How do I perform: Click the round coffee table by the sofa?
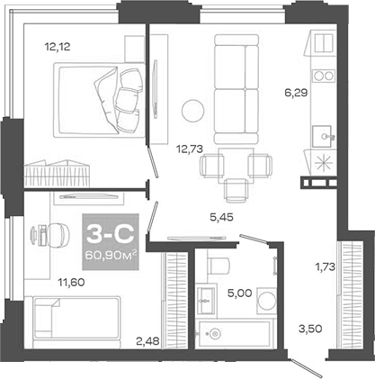(x=193, y=112)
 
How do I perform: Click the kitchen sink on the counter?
(x=320, y=135)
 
